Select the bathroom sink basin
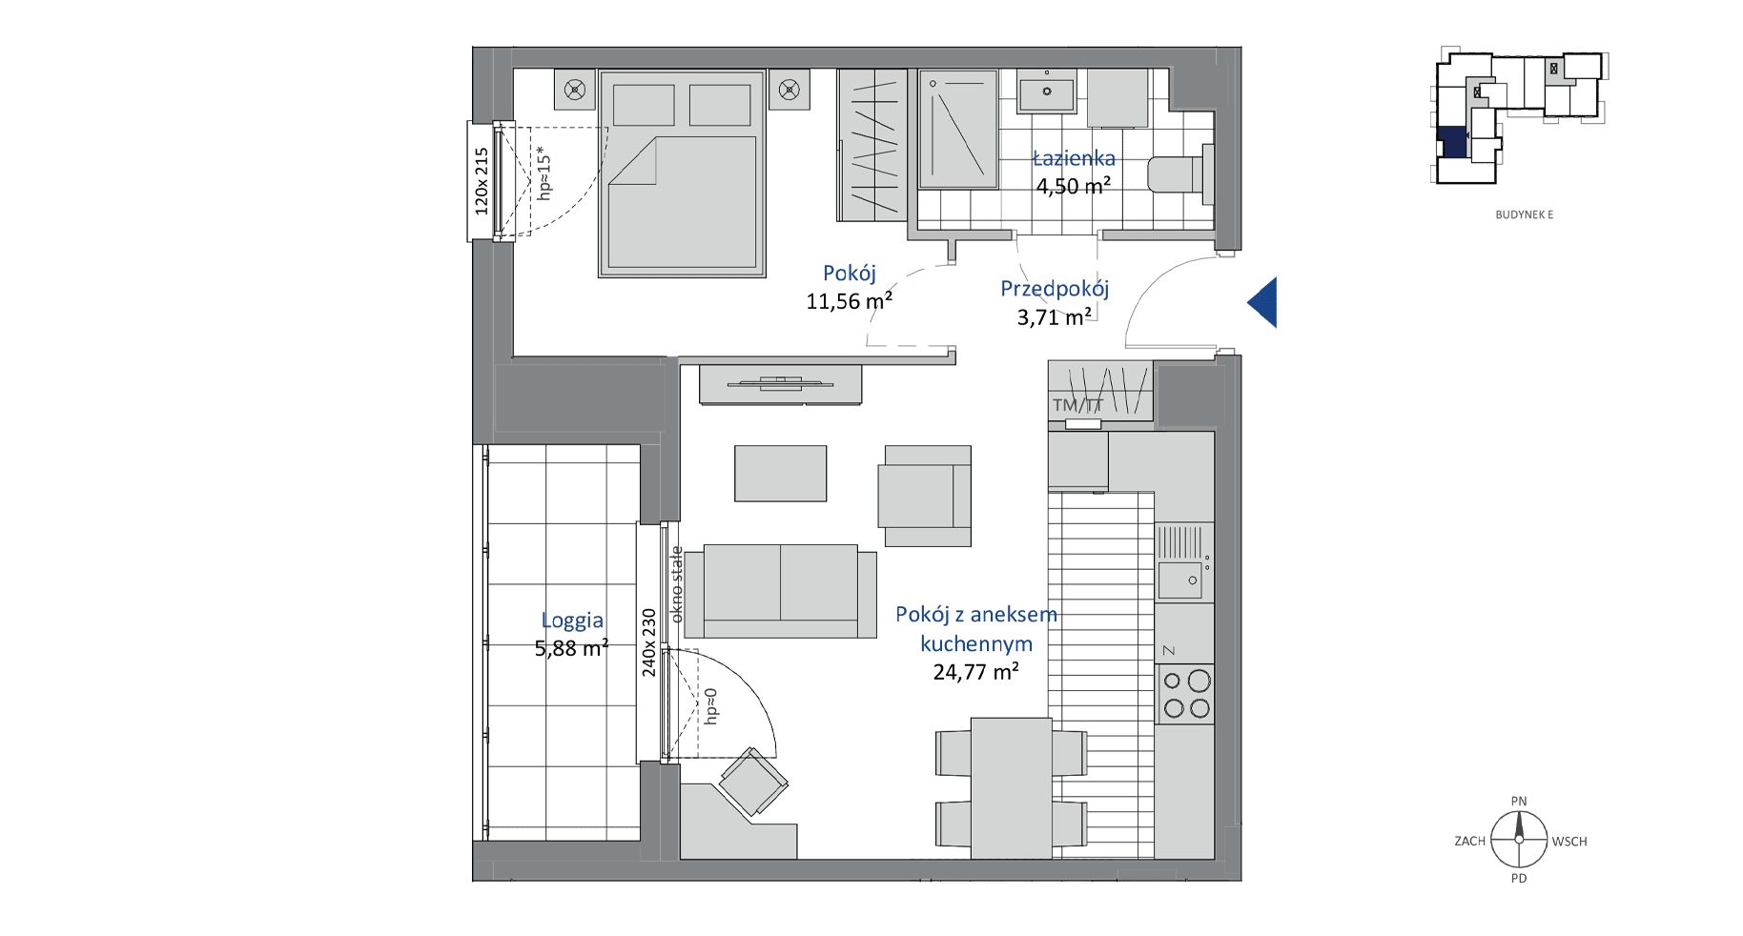[1047, 93]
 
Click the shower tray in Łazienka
[958, 129]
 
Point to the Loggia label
[572, 621]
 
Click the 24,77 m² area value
[975, 672]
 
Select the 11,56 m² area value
[850, 301]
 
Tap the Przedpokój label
[1055, 289]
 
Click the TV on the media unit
[780, 384]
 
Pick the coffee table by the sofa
[780, 474]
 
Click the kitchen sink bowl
[1180, 580]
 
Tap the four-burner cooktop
[1185, 693]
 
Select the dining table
[1012, 788]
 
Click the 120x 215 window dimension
[482, 181]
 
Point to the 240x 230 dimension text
[649, 642]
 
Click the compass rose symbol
[1519, 840]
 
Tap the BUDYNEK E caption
[1524, 215]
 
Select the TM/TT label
[1077, 405]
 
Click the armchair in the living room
[924, 496]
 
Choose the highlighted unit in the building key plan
[1451, 142]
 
